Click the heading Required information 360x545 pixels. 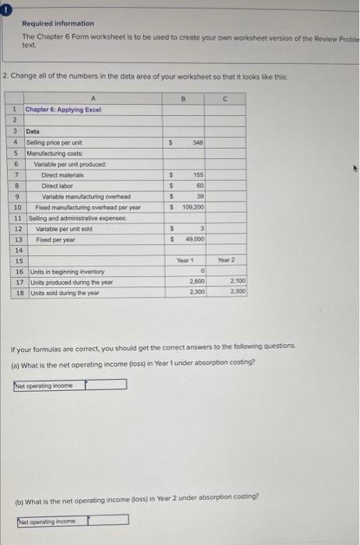pyautogui.click(x=58, y=24)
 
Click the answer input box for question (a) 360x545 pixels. pyautogui.click(x=106, y=384)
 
